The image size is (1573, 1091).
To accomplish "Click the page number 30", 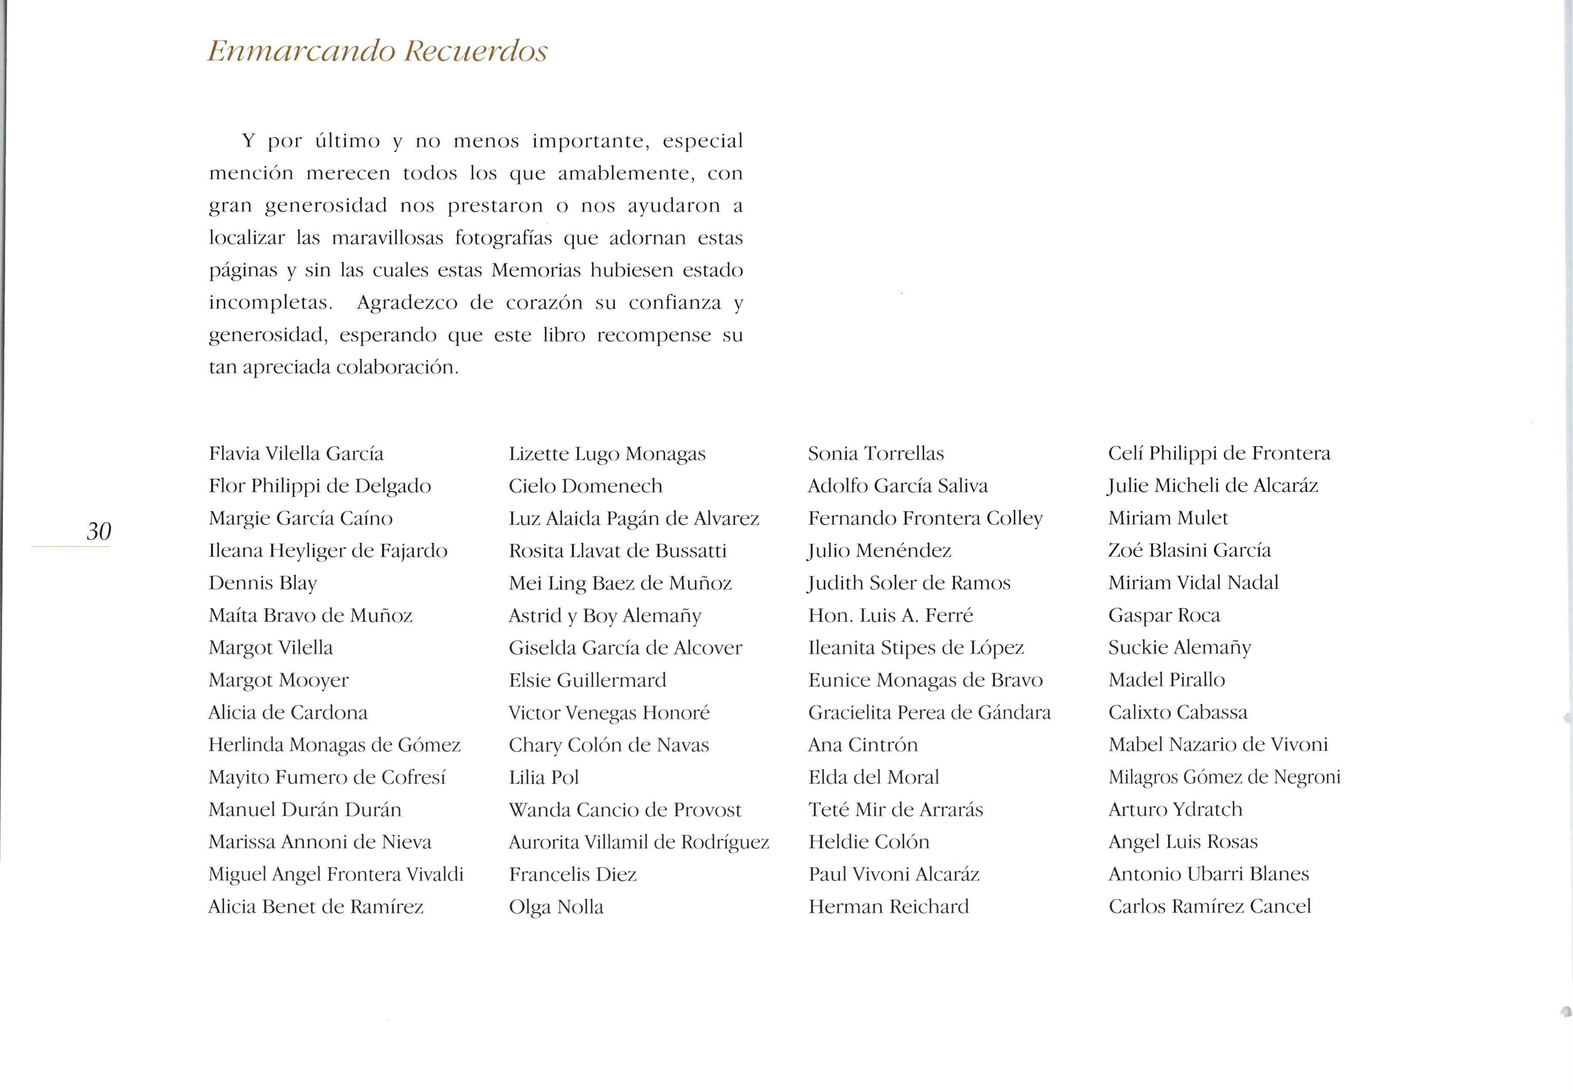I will click(x=98, y=531).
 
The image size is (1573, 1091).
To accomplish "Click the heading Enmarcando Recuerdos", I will click(x=377, y=51).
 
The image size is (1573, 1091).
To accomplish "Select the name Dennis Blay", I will click(x=263, y=583).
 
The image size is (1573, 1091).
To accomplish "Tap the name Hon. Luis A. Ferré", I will click(x=890, y=615).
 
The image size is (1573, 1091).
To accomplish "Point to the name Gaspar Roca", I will click(x=1164, y=615).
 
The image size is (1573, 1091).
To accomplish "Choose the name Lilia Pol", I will click(x=543, y=777).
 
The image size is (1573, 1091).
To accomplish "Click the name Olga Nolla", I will click(x=556, y=907).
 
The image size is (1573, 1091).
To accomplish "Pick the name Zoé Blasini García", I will click(x=1189, y=550).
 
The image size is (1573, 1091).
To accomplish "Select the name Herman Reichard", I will click(x=888, y=907).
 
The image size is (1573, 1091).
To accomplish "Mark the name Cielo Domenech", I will click(x=585, y=486).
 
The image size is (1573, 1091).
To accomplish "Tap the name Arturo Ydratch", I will click(x=1175, y=809).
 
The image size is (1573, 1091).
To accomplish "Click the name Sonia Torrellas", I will click(x=876, y=454).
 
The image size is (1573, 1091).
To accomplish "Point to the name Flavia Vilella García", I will click(x=296, y=454).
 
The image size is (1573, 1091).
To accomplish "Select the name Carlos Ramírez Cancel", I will click(x=1209, y=907).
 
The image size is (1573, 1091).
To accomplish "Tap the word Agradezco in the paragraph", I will click(x=407, y=303).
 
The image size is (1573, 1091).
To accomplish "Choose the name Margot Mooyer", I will click(x=278, y=680).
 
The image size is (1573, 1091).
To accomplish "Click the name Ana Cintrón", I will click(x=863, y=745).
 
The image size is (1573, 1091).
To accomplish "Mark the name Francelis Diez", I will click(x=572, y=874).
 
